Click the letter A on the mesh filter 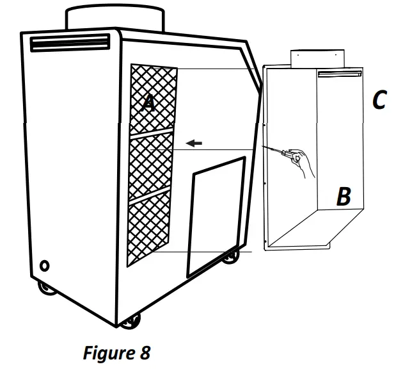[148, 101]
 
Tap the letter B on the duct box [344, 197]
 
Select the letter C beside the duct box [379, 99]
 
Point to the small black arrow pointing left [194, 143]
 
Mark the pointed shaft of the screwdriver [273, 149]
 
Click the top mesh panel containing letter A [154, 99]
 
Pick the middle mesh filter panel [152, 164]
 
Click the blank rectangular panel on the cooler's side [216, 215]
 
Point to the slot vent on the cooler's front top [70, 44]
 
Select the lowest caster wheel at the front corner [133, 320]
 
